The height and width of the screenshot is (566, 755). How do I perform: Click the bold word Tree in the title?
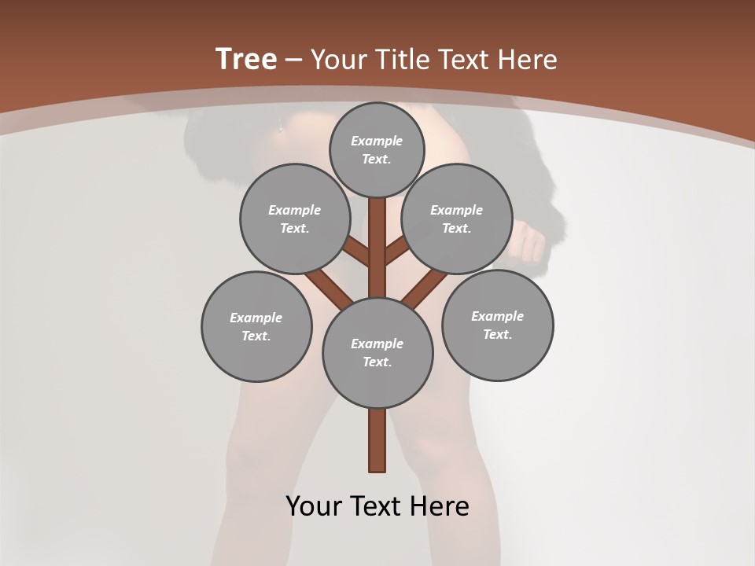246,59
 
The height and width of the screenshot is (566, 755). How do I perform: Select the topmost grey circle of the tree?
377,149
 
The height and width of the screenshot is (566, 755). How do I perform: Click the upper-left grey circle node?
295,219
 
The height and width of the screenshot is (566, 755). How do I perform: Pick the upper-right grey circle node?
457,219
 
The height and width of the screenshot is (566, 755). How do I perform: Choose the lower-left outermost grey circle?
256,326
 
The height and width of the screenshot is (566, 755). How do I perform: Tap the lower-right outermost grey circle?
498,325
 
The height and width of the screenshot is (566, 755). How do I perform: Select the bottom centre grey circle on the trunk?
377,353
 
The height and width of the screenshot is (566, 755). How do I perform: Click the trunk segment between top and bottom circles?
377,248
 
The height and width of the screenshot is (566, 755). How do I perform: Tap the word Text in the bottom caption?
377,505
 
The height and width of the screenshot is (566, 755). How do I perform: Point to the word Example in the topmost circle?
377,141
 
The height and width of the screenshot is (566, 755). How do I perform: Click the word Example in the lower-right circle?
497,316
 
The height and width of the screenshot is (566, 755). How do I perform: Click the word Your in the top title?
339,59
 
